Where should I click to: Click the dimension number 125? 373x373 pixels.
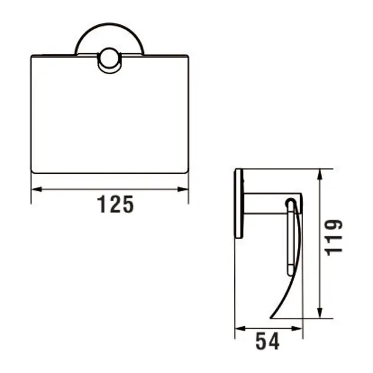coord(115,204)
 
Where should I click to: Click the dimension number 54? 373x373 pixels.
coord(267,342)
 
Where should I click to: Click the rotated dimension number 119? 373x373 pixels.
coord(334,237)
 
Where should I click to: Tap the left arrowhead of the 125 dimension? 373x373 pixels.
coord(36,189)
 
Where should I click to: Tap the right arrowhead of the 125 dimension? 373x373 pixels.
coord(183,189)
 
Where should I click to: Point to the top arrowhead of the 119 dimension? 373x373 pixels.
coord(320,174)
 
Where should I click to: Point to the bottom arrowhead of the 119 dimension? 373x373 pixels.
coord(320,313)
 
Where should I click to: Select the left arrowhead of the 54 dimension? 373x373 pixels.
coord(240,329)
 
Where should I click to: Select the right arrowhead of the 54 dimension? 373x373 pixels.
coord(297,329)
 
